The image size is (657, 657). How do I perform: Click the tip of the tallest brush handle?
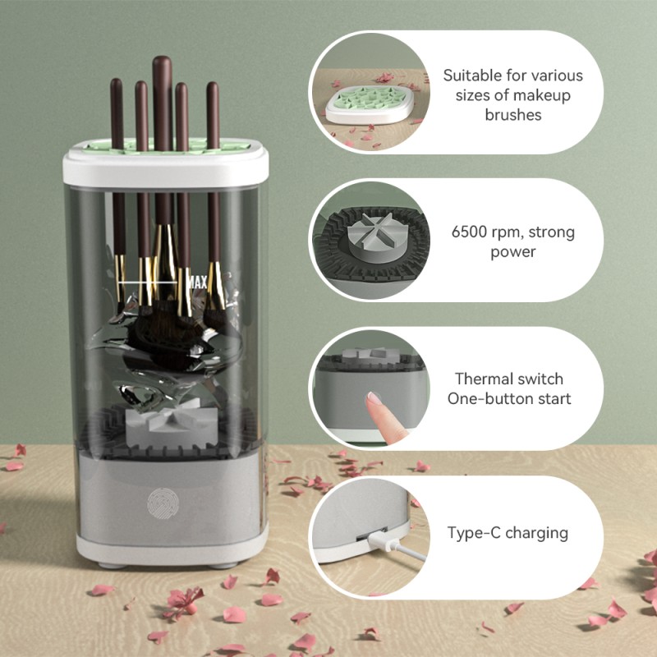pos(161,61)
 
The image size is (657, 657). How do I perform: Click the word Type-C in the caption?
pos(474,533)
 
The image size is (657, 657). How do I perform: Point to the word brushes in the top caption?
pos(513,114)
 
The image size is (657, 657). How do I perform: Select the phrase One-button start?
pos(509,399)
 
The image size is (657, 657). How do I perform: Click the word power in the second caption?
pos(513,252)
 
